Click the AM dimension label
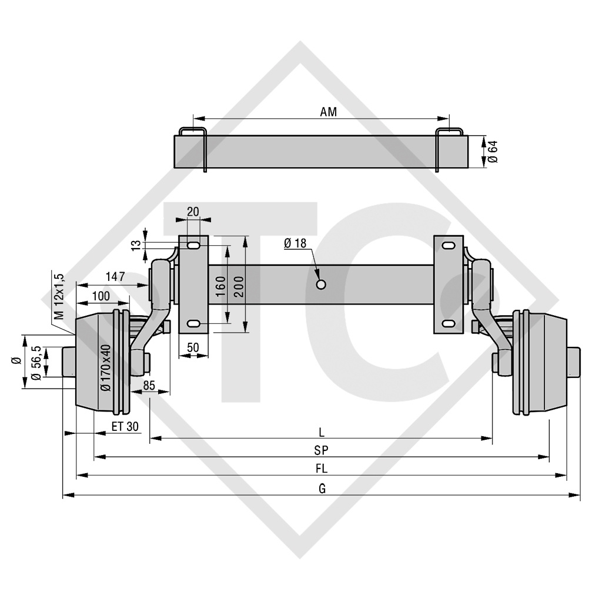(x=329, y=112)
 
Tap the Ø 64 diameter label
(x=493, y=152)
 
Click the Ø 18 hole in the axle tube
(x=321, y=285)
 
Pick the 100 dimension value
(x=101, y=295)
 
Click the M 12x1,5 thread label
(x=58, y=295)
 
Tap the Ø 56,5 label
(x=36, y=363)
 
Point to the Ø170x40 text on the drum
(x=105, y=368)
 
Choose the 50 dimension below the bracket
(x=193, y=347)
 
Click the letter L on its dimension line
(x=321, y=432)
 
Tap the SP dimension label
(x=321, y=451)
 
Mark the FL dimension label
(x=321, y=469)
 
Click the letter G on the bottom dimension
(x=322, y=489)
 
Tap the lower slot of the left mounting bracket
(x=194, y=323)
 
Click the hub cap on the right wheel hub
(x=574, y=362)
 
